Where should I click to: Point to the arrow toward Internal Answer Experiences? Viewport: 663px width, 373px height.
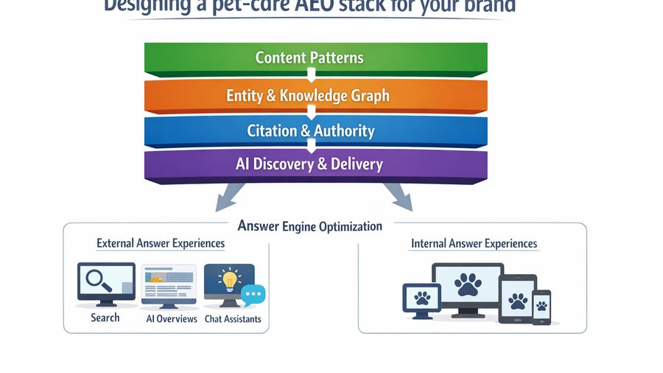point(397,197)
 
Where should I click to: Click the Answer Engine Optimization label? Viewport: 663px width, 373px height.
point(310,226)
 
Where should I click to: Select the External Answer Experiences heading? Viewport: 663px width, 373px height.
point(161,243)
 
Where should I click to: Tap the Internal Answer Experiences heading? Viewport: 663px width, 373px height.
point(474,244)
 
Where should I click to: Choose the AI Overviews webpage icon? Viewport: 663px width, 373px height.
point(169,286)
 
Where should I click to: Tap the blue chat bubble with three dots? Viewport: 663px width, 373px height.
point(253,295)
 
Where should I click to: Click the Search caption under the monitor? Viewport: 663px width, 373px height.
point(105,318)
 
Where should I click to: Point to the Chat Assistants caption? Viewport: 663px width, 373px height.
point(233,319)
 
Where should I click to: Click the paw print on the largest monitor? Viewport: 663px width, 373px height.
point(468,285)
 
